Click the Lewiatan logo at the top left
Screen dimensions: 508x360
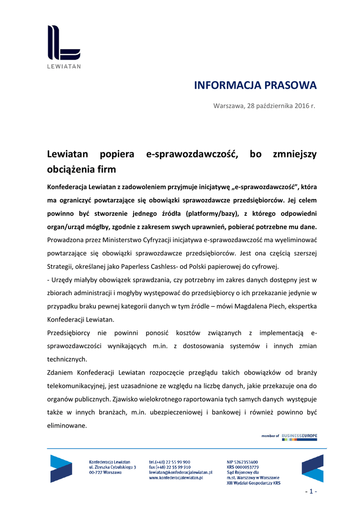[64, 46]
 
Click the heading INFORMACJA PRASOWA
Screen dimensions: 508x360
[255, 85]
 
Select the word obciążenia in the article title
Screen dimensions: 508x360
[70, 169]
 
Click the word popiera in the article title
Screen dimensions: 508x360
[117, 154]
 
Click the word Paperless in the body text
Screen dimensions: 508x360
[149, 266]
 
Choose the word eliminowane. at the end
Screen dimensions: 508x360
[67, 425]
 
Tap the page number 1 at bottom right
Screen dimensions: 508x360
[311, 492]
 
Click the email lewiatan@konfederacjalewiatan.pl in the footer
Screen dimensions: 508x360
[180, 473]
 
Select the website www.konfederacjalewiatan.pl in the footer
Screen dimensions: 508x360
[176, 478]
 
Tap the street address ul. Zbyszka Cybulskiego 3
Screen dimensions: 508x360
[112, 467]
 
